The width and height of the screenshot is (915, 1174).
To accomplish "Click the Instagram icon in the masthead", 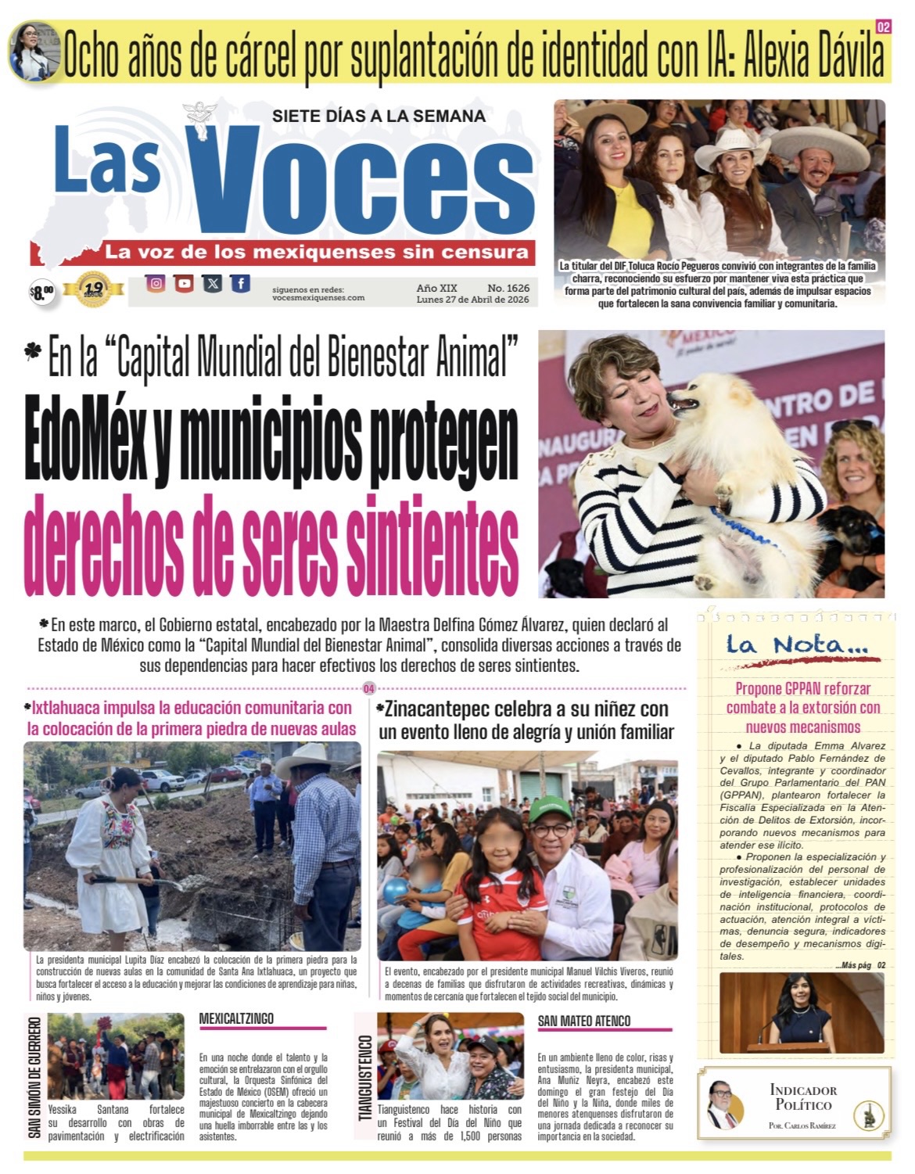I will [x=156, y=284].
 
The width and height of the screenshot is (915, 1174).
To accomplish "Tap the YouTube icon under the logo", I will [x=185, y=284].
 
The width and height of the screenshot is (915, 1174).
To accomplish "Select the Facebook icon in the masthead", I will [x=241, y=284].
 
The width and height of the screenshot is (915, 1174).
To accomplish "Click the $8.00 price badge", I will [x=41, y=293].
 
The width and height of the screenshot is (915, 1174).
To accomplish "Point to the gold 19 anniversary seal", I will [x=93, y=289].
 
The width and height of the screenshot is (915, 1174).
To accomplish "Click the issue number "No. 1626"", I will [x=508, y=289].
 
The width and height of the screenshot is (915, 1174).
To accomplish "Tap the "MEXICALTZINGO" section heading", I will [x=236, y=1018].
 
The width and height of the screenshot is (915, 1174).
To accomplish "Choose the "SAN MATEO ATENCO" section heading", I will [x=583, y=1021].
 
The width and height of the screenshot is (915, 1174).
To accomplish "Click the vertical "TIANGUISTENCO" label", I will [x=365, y=1078].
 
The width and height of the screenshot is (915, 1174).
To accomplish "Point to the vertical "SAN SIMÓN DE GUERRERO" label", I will [x=34, y=1077].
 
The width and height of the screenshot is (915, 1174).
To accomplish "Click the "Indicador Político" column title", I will [x=802, y=1097].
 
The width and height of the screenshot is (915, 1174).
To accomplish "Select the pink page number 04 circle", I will [x=368, y=689].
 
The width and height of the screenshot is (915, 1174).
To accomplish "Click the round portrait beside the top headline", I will [x=34, y=51].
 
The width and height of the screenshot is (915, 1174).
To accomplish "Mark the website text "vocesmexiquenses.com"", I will [x=318, y=298].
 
